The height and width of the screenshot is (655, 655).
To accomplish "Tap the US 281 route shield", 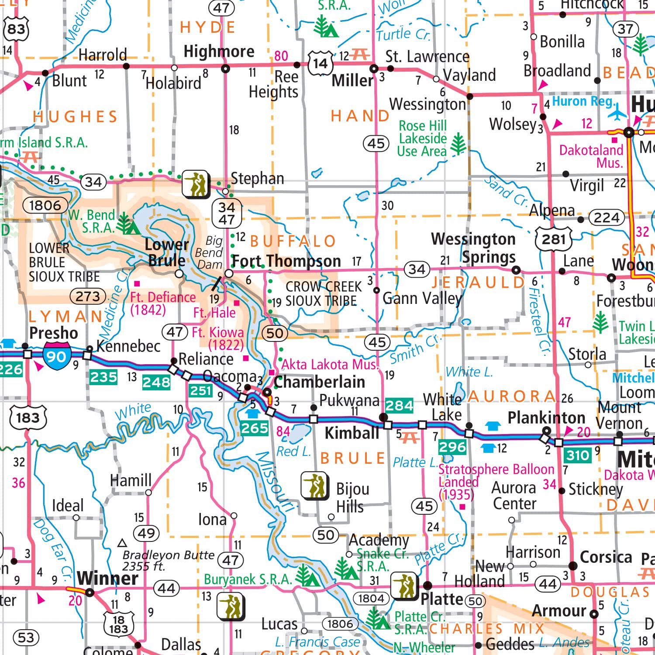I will click(x=554, y=239).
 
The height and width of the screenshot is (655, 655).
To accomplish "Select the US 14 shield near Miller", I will click(x=320, y=64).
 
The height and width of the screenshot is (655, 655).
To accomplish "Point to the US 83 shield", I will click(x=16, y=29).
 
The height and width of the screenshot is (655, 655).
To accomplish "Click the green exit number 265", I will click(x=255, y=428).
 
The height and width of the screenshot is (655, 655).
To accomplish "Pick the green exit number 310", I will click(x=578, y=455).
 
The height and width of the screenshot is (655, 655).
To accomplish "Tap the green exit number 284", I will click(x=399, y=406).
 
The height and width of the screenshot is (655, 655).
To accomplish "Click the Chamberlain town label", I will click(x=319, y=382).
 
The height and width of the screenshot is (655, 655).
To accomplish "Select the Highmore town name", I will click(x=219, y=52).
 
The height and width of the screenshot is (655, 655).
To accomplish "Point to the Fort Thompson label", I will click(x=286, y=261).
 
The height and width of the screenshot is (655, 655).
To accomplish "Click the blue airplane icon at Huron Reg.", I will click(x=617, y=112).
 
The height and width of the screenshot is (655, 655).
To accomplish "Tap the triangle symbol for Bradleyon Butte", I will click(x=122, y=543).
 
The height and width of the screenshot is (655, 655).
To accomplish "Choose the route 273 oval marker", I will click(x=88, y=296).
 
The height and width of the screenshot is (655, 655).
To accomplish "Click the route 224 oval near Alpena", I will click(x=607, y=217).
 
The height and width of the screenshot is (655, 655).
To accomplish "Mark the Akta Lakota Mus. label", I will click(x=330, y=364).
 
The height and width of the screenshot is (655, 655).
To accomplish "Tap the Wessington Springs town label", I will click(x=474, y=248).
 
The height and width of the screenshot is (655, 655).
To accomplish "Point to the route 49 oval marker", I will click(x=146, y=533).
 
